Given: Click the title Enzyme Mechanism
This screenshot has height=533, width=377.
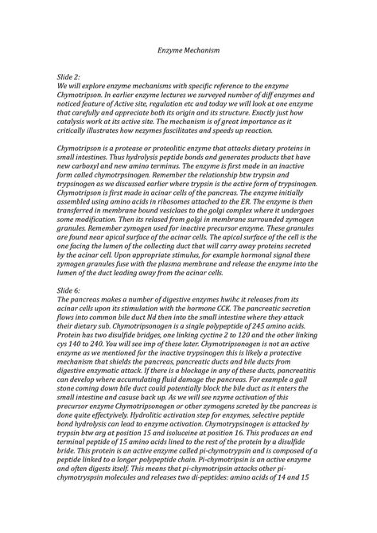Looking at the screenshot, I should tap(188, 51).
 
